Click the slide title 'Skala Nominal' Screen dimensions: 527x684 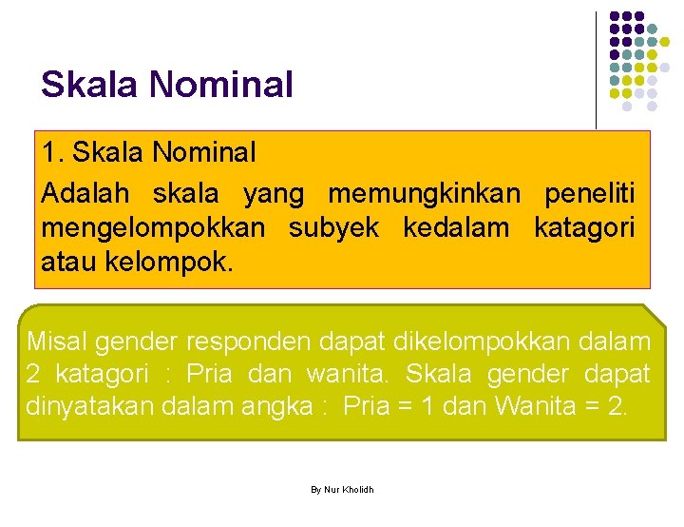tap(167, 85)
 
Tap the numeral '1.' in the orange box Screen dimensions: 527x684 tap(52, 152)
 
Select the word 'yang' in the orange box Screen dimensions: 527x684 tap(274, 194)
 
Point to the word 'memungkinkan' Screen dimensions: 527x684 tap(424, 194)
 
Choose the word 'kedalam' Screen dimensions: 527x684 tap(457, 227)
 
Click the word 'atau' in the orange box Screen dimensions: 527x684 tap(66, 261)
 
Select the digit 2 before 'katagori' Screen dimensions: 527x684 tap(33, 373)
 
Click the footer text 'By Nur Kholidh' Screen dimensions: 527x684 tap(342, 489)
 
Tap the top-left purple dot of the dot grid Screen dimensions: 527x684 tap(615, 17)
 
